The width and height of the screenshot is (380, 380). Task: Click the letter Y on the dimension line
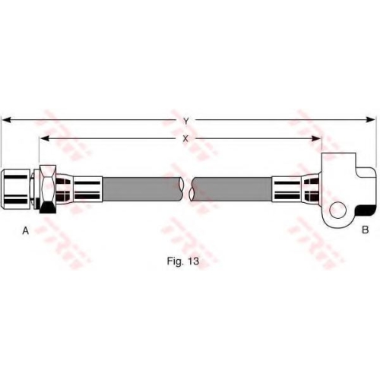[x=186, y=122]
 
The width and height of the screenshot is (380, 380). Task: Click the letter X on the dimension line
[x=185, y=138]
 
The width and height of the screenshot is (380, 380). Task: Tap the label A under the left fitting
[x=26, y=230]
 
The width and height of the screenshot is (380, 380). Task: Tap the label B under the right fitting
[x=365, y=230]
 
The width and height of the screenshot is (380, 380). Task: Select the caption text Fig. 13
[x=183, y=261]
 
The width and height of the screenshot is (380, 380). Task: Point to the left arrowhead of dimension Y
[x=6, y=119]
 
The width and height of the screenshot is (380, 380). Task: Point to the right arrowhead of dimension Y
[x=370, y=119]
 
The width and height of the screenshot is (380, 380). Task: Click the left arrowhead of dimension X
[x=44, y=138]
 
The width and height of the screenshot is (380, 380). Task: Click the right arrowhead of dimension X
[x=317, y=138]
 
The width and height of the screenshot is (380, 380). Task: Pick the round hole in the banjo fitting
[x=337, y=210]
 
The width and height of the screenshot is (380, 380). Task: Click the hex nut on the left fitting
[x=48, y=189]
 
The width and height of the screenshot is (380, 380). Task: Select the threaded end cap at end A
[x=16, y=188]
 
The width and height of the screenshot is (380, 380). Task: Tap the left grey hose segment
[x=143, y=189]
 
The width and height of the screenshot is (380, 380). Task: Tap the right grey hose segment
[x=231, y=189]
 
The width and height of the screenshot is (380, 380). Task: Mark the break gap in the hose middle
[x=188, y=189]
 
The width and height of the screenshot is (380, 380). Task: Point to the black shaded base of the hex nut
[x=48, y=207]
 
